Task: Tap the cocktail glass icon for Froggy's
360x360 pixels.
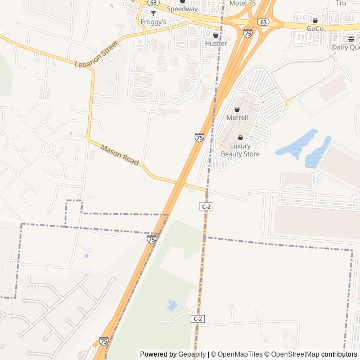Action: point(152,13)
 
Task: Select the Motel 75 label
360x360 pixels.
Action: point(242,3)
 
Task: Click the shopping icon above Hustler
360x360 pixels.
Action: point(215,35)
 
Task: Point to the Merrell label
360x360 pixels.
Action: point(237,118)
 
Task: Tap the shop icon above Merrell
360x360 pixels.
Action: point(237,109)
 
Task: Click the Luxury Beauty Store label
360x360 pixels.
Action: point(240,150)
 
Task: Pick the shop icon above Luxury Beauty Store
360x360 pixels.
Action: point(241,137)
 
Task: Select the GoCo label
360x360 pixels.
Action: point(315,29)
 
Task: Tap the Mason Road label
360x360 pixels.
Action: point(119,155)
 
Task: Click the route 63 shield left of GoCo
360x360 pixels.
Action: point(263,21)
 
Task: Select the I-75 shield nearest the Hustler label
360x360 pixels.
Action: point(247,34)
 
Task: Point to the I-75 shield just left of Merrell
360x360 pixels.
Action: point(199,137)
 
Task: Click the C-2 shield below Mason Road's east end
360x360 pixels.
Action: point(206,206)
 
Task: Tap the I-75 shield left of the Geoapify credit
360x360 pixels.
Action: point(103,341)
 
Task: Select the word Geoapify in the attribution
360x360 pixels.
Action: point(192,354)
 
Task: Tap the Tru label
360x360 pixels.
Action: point(341,3)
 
